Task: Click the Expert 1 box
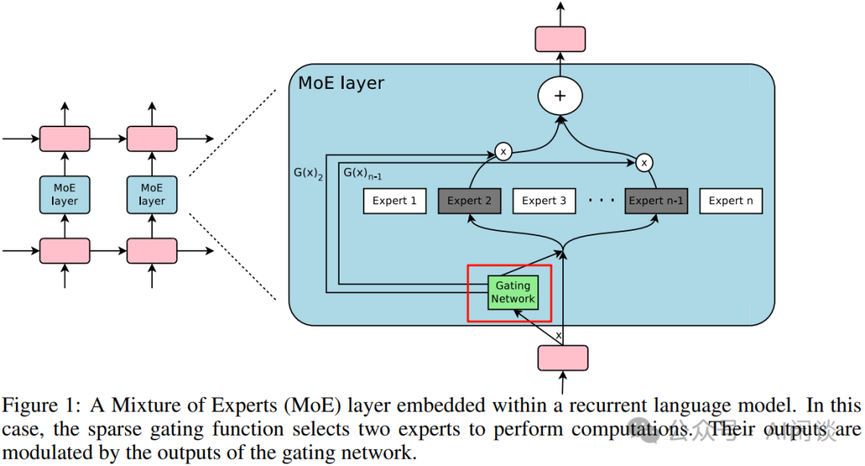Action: tap(394, 200)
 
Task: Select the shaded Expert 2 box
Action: tap(469, 200)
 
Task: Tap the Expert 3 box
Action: tap(544, 200)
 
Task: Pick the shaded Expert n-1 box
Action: tap(656, 200)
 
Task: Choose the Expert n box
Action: tap(730, 200)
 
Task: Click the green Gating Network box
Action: tap(513, 292)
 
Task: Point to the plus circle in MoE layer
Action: tap(560, 97)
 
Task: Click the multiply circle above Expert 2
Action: tap(503, 151)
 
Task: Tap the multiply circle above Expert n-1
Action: tap(643, 163)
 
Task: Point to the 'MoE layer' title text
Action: tap(341, 83)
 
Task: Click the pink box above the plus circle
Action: tap(560, 39)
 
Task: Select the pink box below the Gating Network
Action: tap(563, 358)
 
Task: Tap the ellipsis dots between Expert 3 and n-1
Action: tap(600, 201)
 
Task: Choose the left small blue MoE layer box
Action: tap(65, 195)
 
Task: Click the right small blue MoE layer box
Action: tap(151, 195)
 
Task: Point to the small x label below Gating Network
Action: tap(558, 335)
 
